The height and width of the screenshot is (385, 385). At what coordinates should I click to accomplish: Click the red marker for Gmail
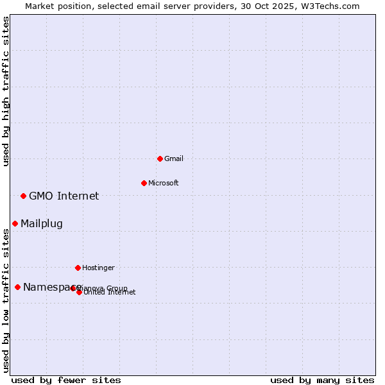pyautogui.click(x=160, y=158)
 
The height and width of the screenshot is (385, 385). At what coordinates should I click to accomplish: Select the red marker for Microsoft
pyautogui.click(x=144, y=183)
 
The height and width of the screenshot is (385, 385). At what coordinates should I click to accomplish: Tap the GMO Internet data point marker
pyautogui.click(x=23, y=196)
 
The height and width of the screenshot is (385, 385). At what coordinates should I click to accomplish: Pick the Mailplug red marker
pyautogui.click(x=15, y=223)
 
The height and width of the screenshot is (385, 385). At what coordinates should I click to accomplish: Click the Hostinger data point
pyautogui.click(x=78, y=268)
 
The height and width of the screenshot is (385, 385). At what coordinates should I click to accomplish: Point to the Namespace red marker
pyautogui.click(x=17, y=287)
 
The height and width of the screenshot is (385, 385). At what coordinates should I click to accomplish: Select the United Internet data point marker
pyautogui.click(x=79, y=292)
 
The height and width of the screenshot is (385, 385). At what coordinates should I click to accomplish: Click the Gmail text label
pyautogui.click(x=174, y=158)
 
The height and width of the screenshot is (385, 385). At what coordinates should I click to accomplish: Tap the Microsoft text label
pyautogui.click(x=163, y=183)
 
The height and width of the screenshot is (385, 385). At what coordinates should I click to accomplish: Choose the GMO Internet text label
pyautogui.click(x=64, y=196)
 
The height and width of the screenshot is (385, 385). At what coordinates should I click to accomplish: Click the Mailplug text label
pyautogui.click(x=41, y=223)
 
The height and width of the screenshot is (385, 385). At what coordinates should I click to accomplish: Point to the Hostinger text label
pyautogui.click(x=98, y=268)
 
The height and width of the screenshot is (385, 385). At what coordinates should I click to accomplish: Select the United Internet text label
pyautogui.click(x=110, y=293)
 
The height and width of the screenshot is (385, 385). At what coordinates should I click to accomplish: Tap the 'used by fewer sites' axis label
pyautogui.click(x=66, y=380)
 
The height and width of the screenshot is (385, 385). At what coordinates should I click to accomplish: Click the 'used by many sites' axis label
pyautogui.click(x=322, y=380)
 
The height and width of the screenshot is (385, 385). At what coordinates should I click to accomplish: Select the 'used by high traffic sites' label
pyautogui.click(x=6, y=91)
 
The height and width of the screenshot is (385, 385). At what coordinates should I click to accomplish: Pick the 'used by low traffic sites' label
pyautogui.click(x=6, y=300)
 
